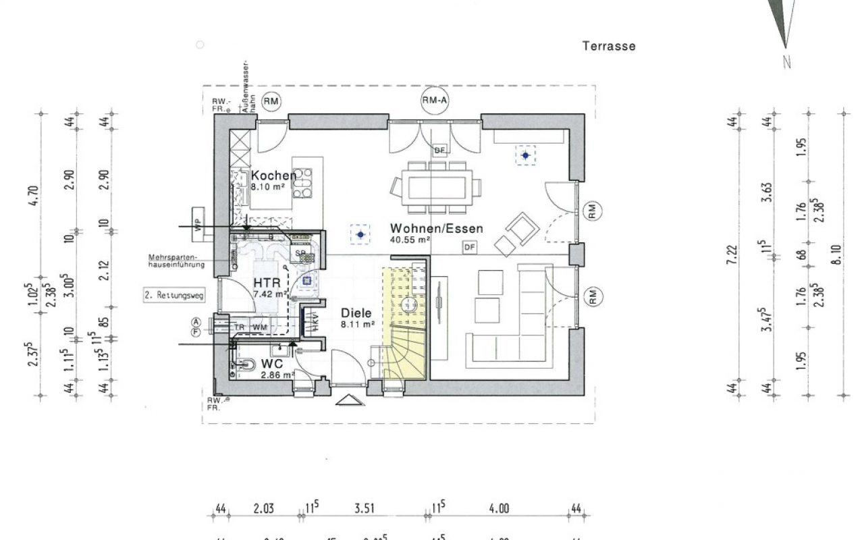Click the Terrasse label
(608, 47)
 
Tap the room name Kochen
(273, 175)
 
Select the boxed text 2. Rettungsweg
(173, 295)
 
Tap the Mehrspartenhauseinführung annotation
(177, 261)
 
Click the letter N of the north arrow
(786, 62)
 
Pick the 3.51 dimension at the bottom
(364, 508)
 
